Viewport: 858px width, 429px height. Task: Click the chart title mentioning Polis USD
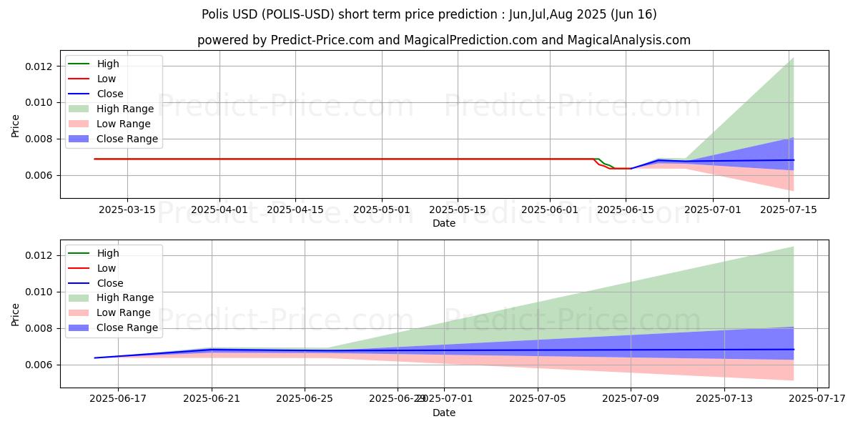[x=429, y=14]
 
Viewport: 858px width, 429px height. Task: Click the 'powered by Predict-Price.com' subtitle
[x=444, y=40]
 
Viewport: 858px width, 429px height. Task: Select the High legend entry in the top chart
[x=108, y=64]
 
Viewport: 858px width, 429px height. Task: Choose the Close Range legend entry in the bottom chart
[x=127, y=328]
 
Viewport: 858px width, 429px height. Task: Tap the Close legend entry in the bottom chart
[x=110, y=283]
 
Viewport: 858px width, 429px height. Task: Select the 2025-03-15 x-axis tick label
[x=127, y=209]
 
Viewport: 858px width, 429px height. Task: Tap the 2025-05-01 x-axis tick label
[x=382, y=209]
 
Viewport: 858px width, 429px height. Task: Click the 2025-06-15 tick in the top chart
[x=626, y=209]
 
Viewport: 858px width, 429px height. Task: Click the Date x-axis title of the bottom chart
[x=444, y=413]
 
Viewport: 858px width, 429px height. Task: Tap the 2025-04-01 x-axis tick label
[x=220, y=209]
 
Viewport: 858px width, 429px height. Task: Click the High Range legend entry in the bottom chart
[x=125, y=298]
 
